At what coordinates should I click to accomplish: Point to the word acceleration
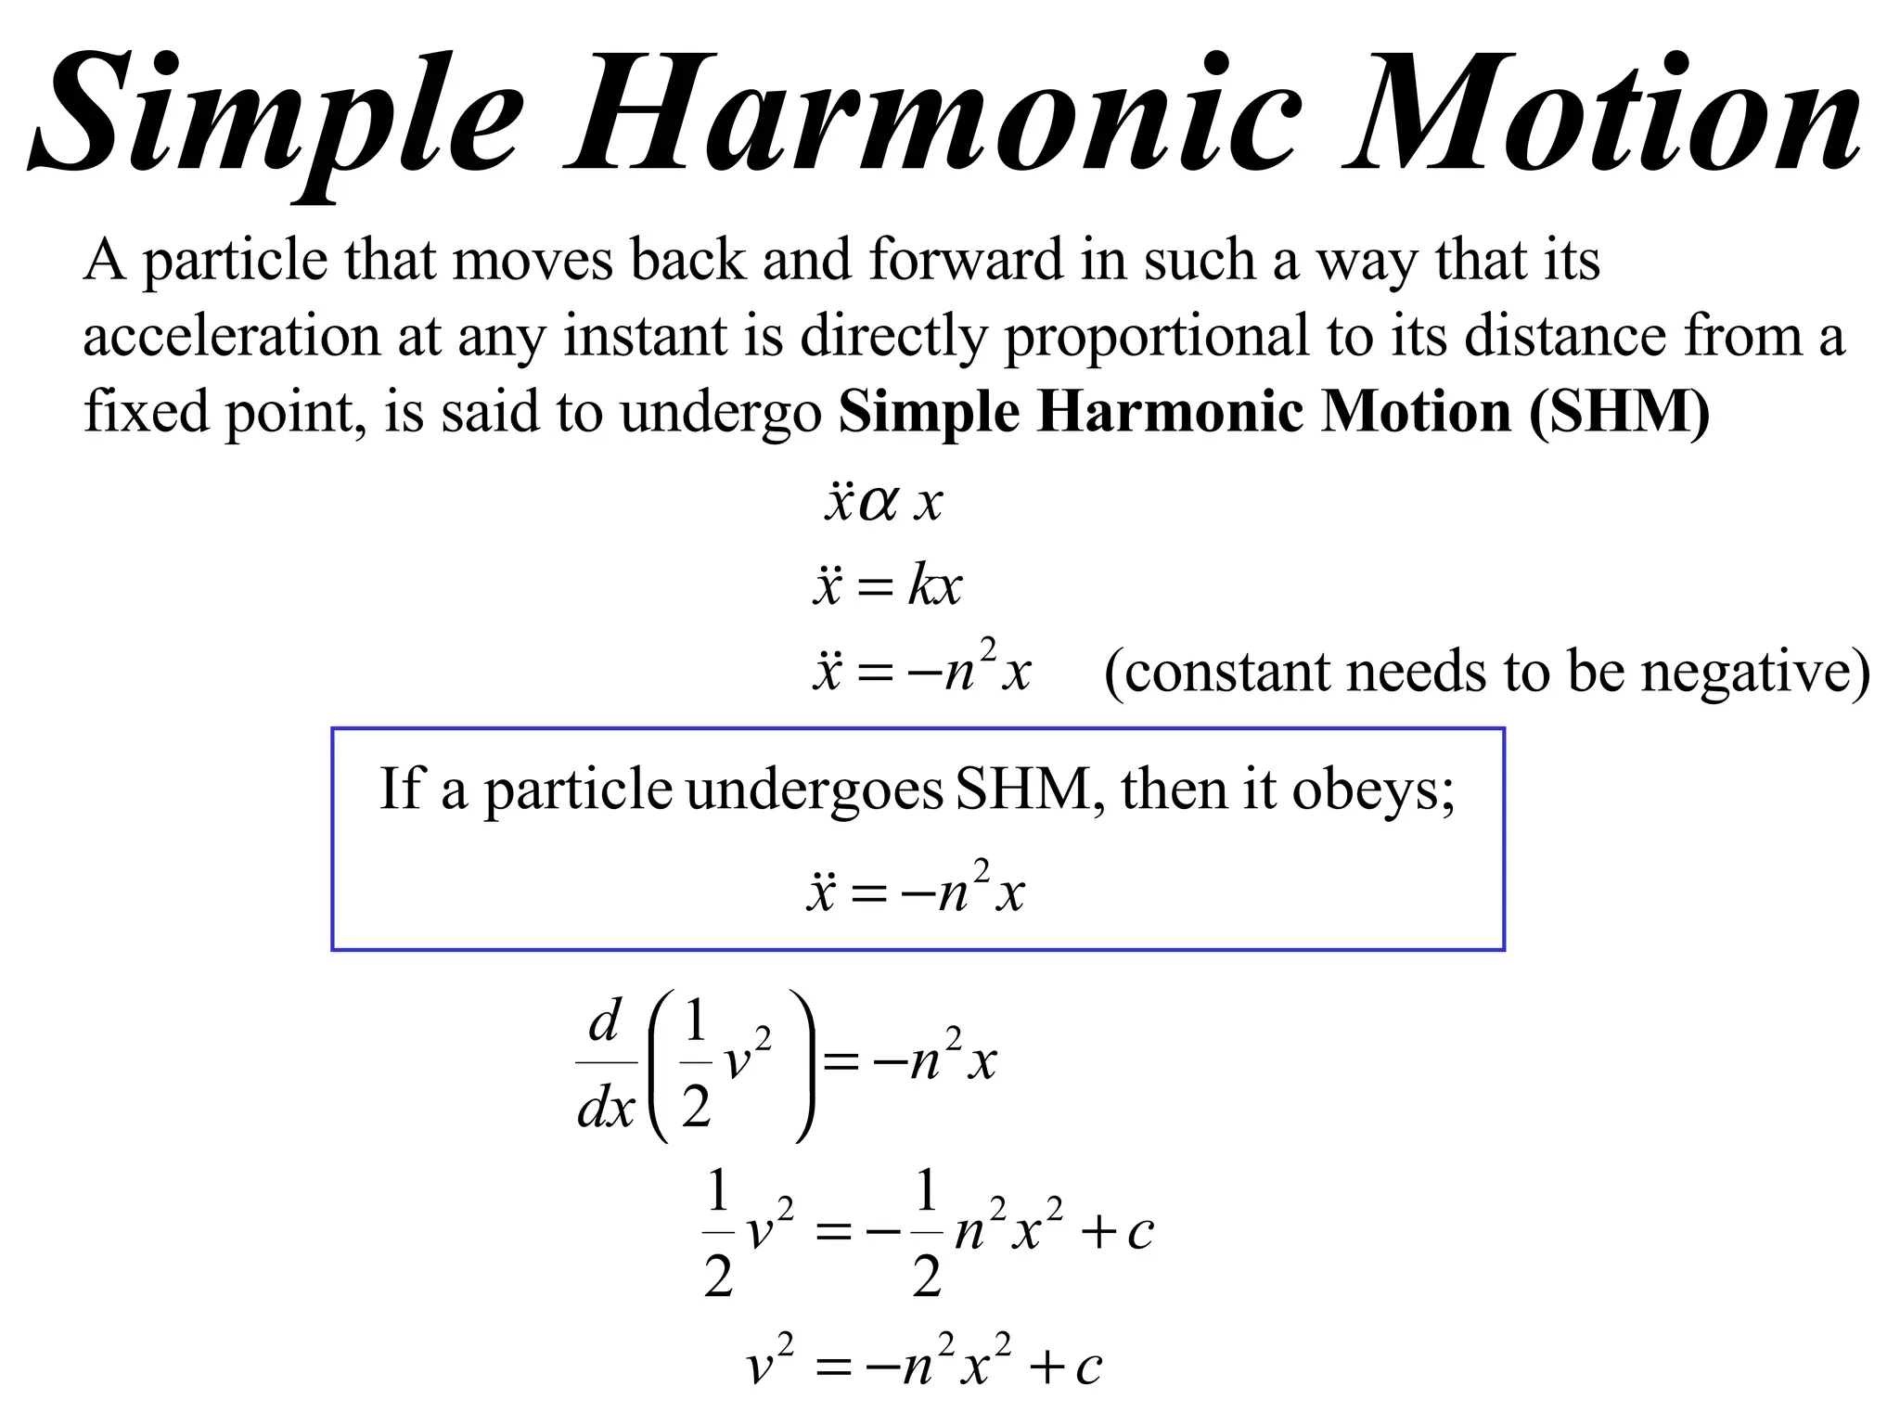[x=231, y=336]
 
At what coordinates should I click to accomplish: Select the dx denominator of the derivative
[x=606, y=1108]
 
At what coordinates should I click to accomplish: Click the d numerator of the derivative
[x=605, y=1022]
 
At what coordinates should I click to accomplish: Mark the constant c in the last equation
[x=1088, y=1367]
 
